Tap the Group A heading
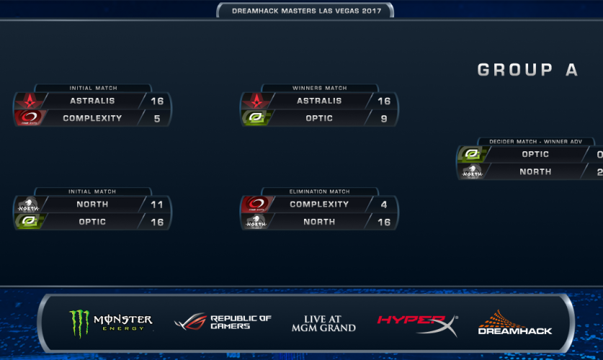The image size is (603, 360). click(x=527, y=70)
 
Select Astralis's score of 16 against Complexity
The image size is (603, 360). click(x=157, y=102)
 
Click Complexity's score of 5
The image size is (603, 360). click(x=157, y=118)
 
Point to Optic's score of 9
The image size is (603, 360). click(x=384, y=118)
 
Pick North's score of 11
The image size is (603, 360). click(x=157, y=204)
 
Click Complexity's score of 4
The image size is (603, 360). click(x=384, y=204)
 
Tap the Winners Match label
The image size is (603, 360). click(x=319, y=89)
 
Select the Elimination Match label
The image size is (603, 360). click(x=319, y=192)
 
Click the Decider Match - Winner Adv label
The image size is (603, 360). click(x=535, y=142)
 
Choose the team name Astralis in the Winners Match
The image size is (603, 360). click(x=319, y=102)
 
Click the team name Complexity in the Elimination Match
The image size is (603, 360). click(x=319, y=204)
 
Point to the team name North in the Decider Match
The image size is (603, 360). click(x=535, y=171)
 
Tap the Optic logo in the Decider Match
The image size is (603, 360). click(x=472, y=154)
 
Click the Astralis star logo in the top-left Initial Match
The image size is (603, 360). click(x=30, y=101)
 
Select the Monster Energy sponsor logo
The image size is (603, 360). click(x=110, y=323)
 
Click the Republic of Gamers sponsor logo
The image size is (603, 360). click(x=223, y=323)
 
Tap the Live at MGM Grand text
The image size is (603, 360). click(x=323, y=323)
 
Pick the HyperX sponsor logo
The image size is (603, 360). click(x=416, y=323)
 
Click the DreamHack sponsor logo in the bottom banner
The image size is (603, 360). click(x=514, y=323)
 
